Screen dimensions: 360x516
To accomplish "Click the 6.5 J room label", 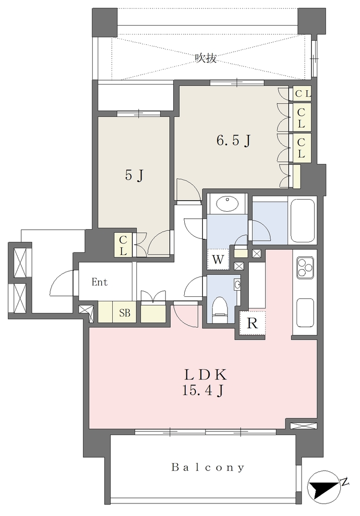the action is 234,141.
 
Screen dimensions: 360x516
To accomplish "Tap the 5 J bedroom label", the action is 134,176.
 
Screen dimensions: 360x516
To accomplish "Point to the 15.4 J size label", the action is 203,391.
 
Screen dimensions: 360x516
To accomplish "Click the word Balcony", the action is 208,467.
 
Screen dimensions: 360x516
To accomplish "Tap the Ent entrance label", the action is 100,282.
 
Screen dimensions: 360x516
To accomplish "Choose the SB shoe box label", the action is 124,313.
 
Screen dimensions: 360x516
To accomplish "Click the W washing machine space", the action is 218,260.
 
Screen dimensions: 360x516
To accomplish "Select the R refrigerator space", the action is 252,323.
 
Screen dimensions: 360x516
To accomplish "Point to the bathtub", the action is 302,221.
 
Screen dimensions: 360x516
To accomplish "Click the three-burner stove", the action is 306,267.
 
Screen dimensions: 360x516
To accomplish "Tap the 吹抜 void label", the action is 206,58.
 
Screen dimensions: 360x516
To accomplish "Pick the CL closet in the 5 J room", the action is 123,245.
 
